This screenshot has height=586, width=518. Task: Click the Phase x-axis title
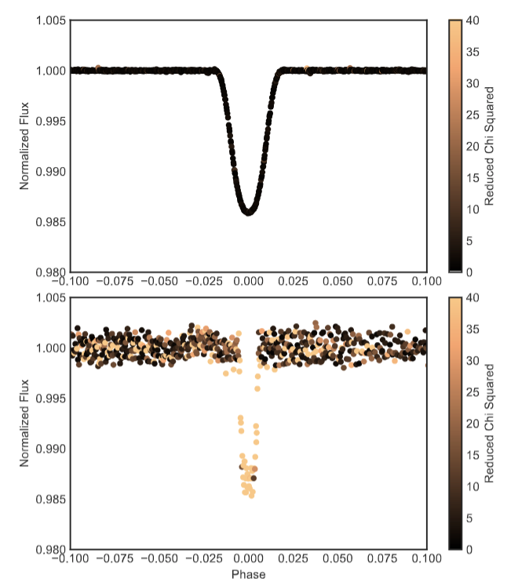coord(248,574)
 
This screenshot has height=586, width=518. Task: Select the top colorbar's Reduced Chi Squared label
coord(489,146)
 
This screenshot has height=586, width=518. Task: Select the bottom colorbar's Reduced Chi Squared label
coord(489,424)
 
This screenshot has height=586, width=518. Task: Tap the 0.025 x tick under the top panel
coord(293,281)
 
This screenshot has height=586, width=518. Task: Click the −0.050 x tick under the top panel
coord(158,281)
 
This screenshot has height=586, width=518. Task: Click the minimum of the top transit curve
coord(248,212)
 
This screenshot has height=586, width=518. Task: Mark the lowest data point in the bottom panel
coord(252,496)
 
